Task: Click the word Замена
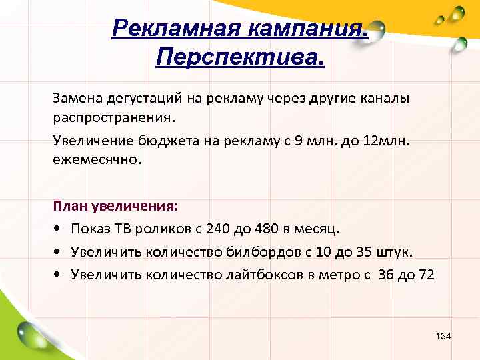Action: tap(75, 98)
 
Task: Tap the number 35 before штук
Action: tap(369, 253)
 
